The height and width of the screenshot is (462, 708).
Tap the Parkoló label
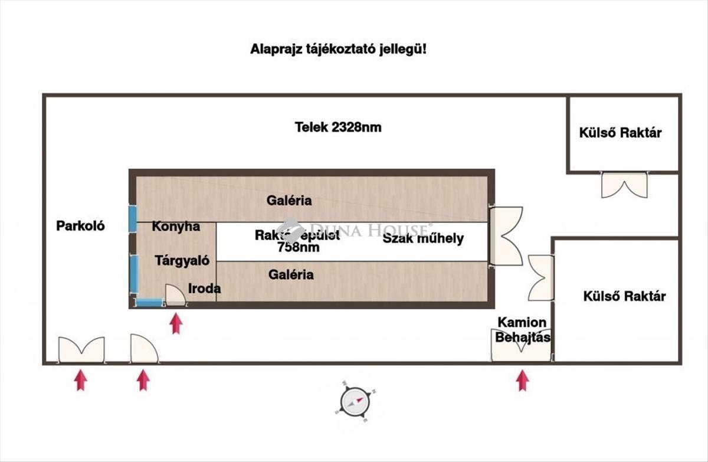[81, 225]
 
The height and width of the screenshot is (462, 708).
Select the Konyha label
[176, 227]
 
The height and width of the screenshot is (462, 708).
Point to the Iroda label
[205, 289]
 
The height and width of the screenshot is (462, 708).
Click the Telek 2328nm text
[337, 127]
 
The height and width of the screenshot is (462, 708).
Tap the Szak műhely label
[423, 238]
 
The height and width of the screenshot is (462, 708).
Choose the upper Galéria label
[289, 201]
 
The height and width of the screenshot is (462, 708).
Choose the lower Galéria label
[291, 274]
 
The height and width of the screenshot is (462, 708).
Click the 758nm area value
[298, 248]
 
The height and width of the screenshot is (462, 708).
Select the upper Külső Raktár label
[620, 133]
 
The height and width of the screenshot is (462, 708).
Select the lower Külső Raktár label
[624, 296]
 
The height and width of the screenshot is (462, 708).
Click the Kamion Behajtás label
[522, 330]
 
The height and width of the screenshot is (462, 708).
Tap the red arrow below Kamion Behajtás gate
[522, 380]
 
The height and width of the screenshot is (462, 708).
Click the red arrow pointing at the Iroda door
[176, 323]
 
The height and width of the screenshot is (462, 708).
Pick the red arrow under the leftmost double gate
[81, 379]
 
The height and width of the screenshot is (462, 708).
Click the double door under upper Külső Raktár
[624, 185]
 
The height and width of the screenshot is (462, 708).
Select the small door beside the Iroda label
[175, 295]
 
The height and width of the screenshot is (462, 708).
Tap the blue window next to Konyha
[133, 219]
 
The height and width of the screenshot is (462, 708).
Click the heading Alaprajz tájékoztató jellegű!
[337, 50]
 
